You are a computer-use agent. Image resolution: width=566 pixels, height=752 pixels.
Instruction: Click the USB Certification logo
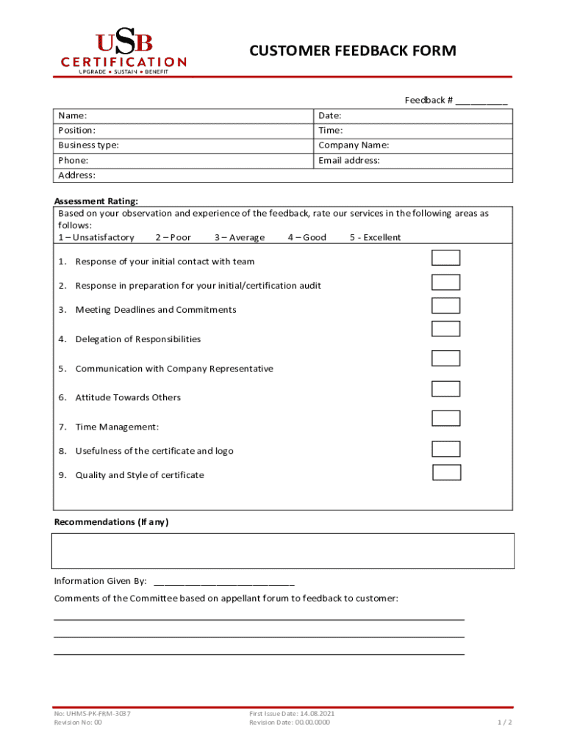(123, 53)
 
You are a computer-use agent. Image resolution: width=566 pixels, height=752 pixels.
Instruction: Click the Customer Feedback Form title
(352, 51)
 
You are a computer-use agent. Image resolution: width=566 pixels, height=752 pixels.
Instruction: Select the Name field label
(73, 116)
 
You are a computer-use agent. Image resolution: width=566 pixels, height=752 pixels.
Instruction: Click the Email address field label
(348, 160)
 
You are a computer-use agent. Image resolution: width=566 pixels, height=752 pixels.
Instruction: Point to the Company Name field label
(354, 145)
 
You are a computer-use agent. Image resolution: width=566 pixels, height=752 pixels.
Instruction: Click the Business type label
(88, 145)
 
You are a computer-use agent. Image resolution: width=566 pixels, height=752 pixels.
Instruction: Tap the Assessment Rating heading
(96, 201)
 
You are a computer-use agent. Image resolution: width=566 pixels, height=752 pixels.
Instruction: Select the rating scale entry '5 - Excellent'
(375, 237)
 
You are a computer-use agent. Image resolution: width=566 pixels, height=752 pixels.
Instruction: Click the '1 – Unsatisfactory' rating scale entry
(96, 237)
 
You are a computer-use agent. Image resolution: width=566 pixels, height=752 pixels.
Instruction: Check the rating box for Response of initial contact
(445, 258)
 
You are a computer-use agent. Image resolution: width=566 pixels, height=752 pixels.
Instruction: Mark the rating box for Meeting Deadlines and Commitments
(445, 305)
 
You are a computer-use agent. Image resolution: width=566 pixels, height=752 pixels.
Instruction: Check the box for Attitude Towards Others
(445, 389)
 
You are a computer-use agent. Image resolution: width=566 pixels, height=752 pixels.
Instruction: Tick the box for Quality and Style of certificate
(446, 472)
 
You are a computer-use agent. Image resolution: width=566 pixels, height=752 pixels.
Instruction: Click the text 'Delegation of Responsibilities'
(137, 339)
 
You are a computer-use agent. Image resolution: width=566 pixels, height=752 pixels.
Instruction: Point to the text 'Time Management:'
(117, 427)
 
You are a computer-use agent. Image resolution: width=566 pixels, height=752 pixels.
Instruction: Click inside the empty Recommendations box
(282, 551)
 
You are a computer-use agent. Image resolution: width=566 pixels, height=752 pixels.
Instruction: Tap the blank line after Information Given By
(223, 581)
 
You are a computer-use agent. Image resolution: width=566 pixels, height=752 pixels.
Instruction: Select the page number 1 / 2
(504, 723)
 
